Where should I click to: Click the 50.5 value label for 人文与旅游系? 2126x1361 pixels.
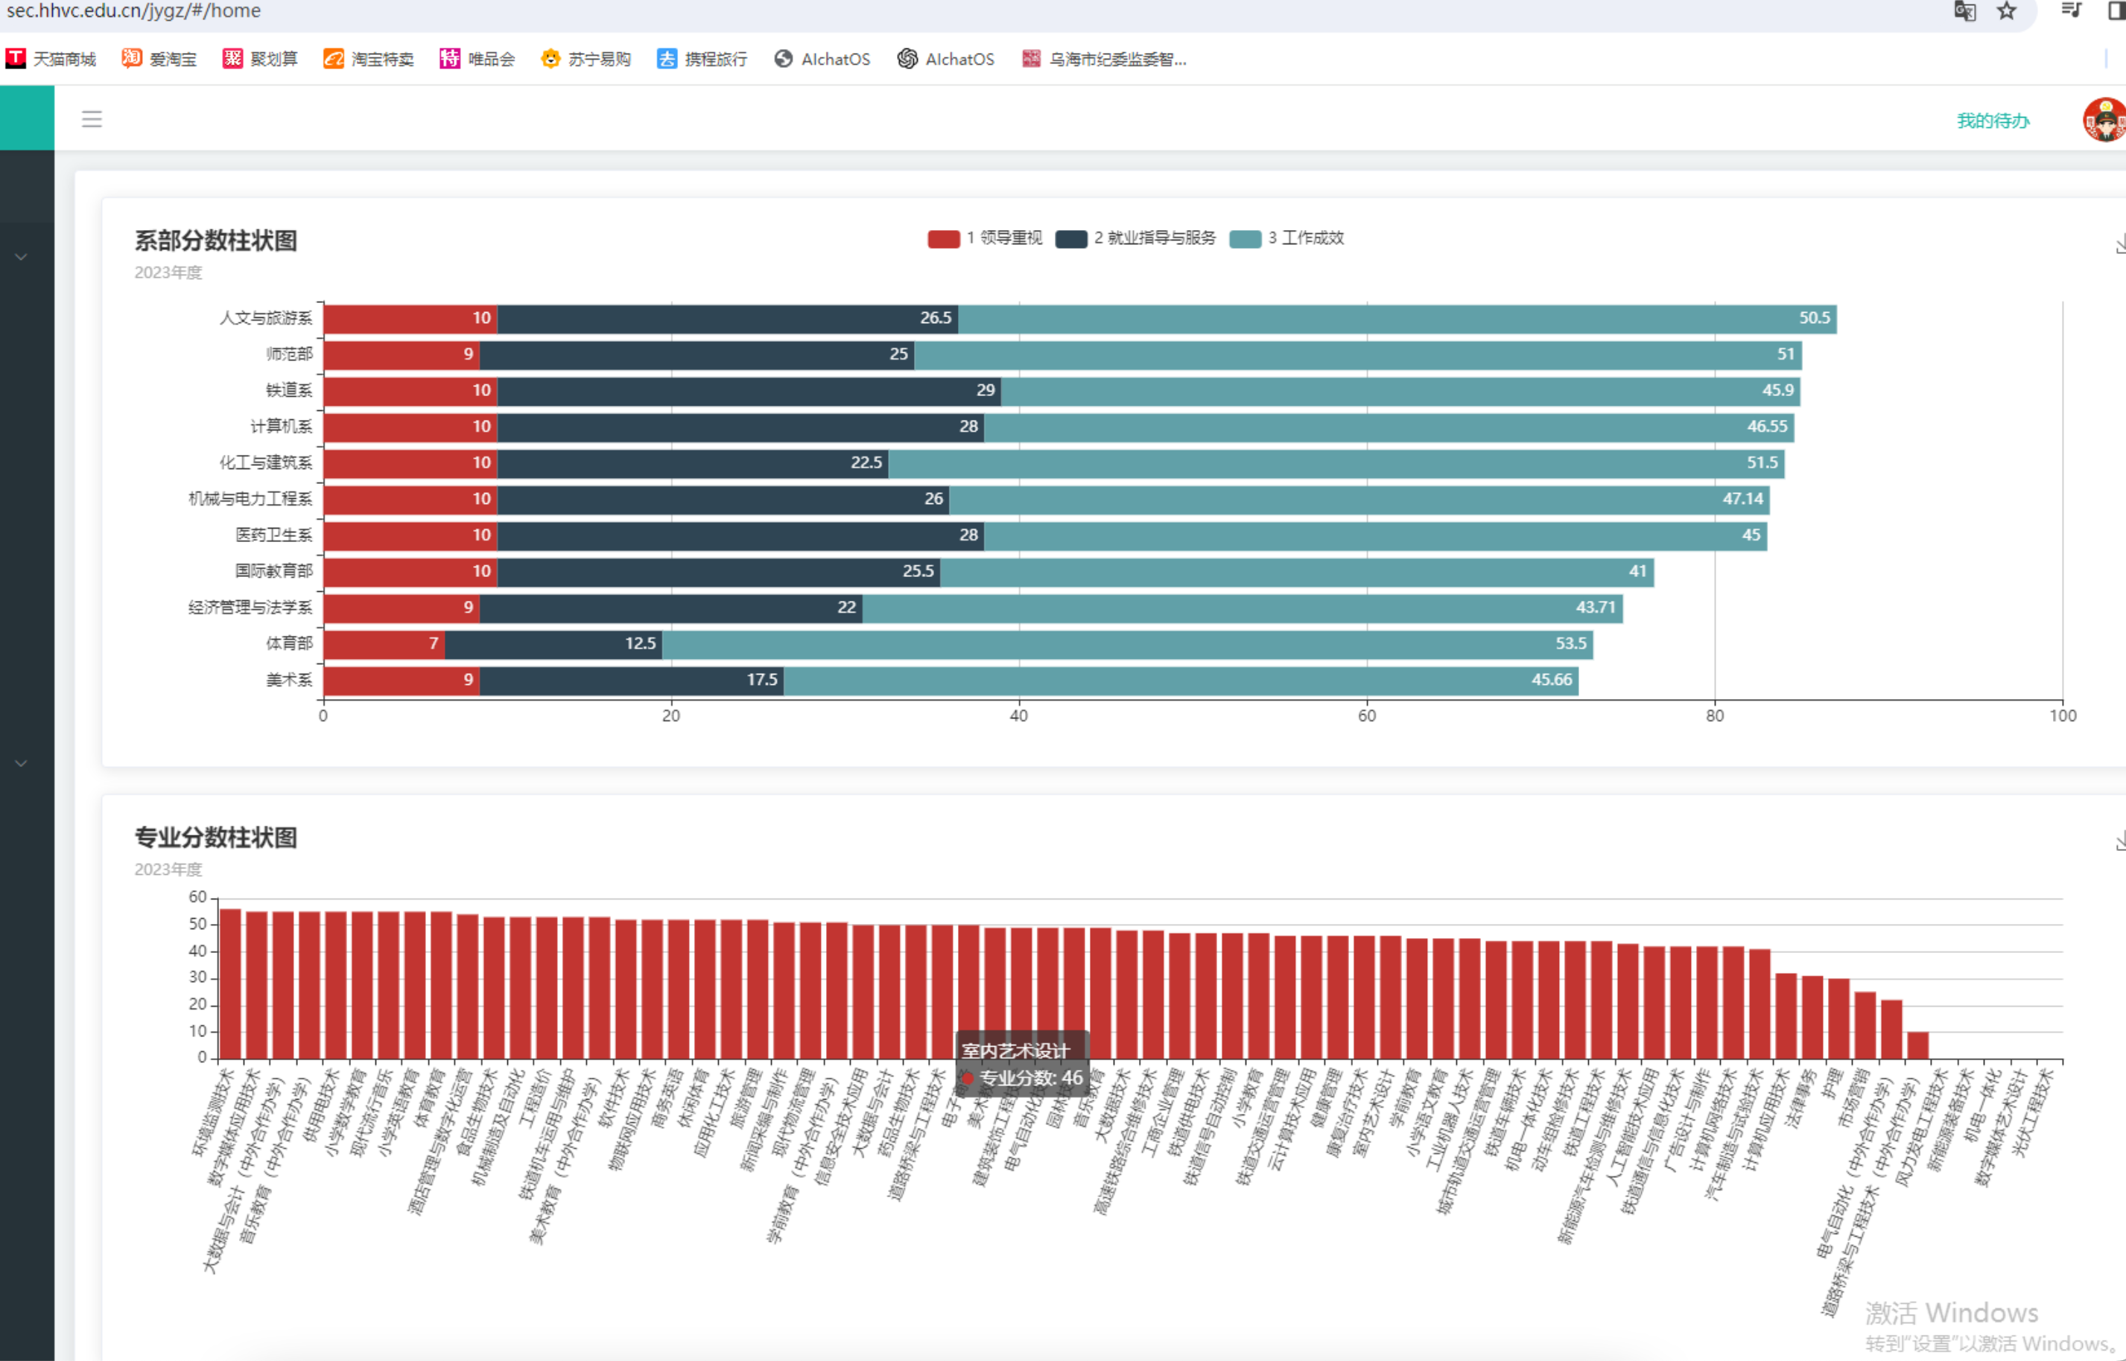pos(1814,318)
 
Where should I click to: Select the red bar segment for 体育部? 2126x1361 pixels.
pos(384,644)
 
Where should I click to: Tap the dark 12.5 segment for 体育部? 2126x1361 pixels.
pos(553,644)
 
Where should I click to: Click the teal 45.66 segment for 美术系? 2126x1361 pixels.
pos(1180,680)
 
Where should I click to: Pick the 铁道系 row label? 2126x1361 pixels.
pos(289,391)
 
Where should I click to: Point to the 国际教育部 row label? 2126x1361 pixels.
pos(273,572)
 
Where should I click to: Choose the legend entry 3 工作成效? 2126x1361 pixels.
pos(1287,238)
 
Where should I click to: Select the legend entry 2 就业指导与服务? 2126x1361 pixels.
pos(1136,238)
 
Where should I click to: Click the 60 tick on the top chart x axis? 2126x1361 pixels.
pos(1367,715)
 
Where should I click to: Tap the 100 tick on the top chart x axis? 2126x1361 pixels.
pos(2063,715)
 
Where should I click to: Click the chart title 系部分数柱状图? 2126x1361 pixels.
pos(216,240)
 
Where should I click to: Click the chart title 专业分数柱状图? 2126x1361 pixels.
pos(216,838)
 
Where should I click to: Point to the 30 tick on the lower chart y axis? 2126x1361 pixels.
pos(197,978)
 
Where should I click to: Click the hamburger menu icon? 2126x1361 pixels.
pos(92,119)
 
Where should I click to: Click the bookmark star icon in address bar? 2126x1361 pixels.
pos(2007,11)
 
